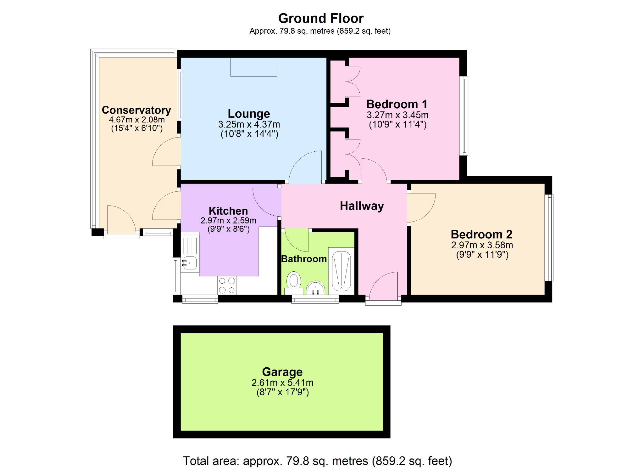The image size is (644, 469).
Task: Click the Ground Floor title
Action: (x=321, y=19)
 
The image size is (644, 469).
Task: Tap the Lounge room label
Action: (x=249, y=114)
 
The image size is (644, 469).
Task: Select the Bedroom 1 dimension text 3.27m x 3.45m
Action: (x=397, y=115)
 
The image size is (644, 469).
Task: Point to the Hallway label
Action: (x=362, y=206)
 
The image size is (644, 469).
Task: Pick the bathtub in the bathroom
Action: (x=341, y=271)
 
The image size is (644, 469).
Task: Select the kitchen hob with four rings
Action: (x=227, y=285)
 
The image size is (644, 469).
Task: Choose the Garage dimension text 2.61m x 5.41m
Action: (x=282, y=383)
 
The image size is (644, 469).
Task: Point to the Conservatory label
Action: (x=136, y=110)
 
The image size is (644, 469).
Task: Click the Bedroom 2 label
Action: (x=481, y=234)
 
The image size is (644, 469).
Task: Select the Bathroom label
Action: (x=304, y=259)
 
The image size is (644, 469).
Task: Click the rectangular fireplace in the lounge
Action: (x=254, y=67)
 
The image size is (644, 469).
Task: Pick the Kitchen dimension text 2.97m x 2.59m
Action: (x=228, y=221)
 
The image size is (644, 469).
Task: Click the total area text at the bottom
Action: (x=317, y=461)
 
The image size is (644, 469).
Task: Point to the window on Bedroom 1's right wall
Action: (x=464, y=116)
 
